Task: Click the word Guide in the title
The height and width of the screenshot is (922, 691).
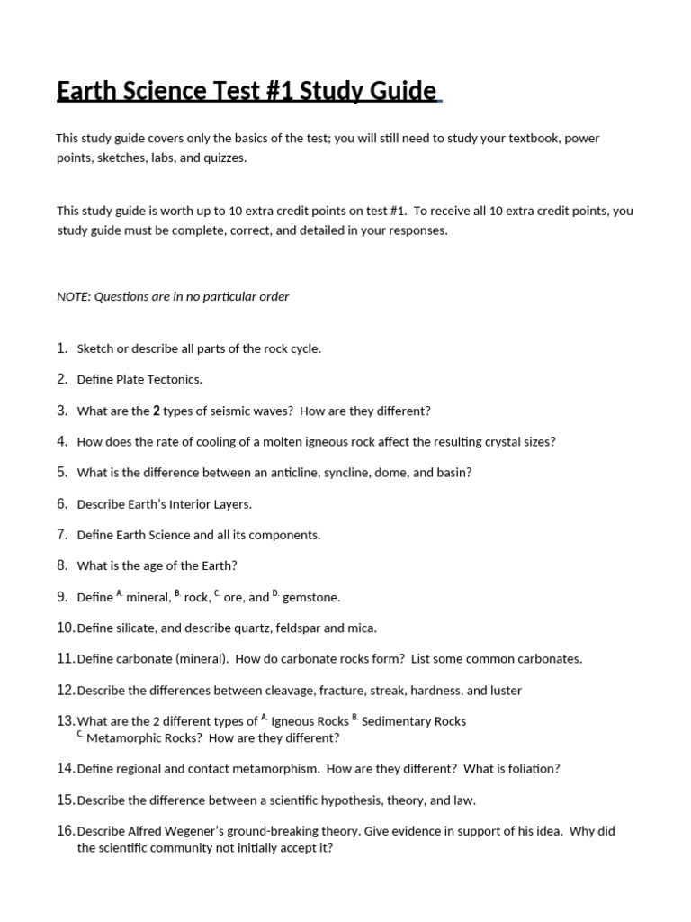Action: point(402,92)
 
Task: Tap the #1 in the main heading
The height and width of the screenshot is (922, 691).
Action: point(275,92)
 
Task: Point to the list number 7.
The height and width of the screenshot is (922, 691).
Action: point(62,534)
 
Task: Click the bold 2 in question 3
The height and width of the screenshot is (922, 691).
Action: point(157,411)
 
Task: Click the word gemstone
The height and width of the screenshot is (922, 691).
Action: point(311,597)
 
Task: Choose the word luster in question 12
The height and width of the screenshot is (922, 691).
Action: point(504,691)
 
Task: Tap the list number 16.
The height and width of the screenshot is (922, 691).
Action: point(65,830)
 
